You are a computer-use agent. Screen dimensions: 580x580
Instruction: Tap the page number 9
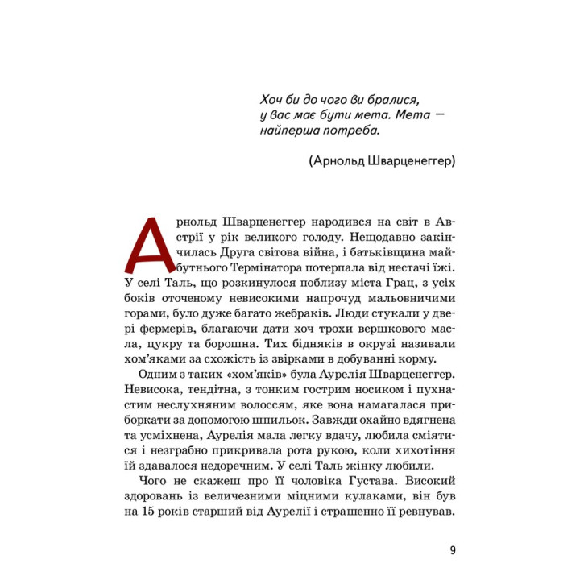[454, 551]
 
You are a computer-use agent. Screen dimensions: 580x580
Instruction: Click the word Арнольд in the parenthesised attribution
[336, 161]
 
